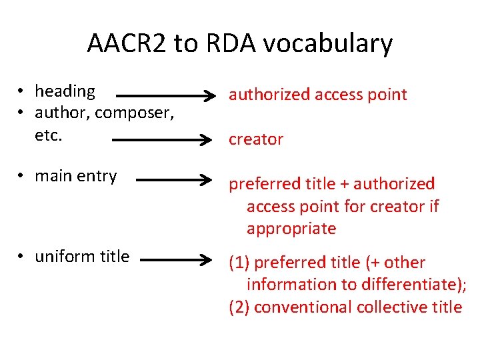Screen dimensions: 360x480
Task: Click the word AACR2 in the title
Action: click(127, 44)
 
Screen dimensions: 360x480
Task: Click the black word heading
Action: click(65, 91)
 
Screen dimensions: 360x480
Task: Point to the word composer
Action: click(135, 113)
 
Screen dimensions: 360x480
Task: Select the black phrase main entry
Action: click(75, 176)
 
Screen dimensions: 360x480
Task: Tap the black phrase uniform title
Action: click(82, 257)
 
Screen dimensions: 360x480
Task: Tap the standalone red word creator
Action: click(256, 139)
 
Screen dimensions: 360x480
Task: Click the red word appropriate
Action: click(291, 229)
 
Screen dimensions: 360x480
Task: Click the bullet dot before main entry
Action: click(22, 177)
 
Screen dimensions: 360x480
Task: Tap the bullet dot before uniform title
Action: click(22, 257)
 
